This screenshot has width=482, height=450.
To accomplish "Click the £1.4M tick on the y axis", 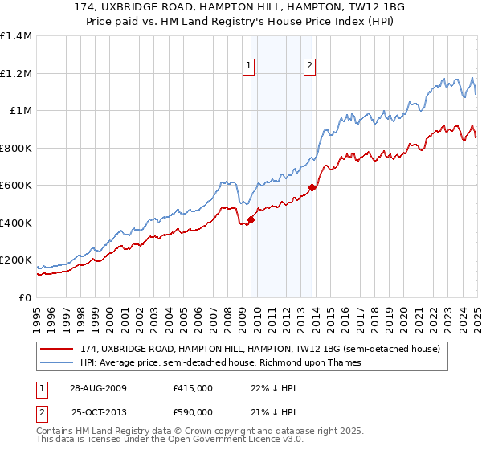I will coord(16,36).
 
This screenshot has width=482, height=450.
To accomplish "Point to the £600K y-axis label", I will coord(16,186).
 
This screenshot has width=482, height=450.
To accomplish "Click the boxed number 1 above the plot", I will coord(249,67).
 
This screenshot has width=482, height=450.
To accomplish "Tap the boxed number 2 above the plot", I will coord(309,67).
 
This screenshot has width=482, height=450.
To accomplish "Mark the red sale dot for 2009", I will coord(251,219).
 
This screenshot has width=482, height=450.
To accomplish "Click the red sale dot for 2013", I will coord(312,187).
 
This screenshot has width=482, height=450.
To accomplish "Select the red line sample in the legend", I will coord(55,350).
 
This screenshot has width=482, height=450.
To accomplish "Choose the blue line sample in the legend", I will coord(55,362).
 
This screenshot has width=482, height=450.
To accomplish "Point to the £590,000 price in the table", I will coord(192,412).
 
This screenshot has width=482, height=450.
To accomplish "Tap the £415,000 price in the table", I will coord(192,388).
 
